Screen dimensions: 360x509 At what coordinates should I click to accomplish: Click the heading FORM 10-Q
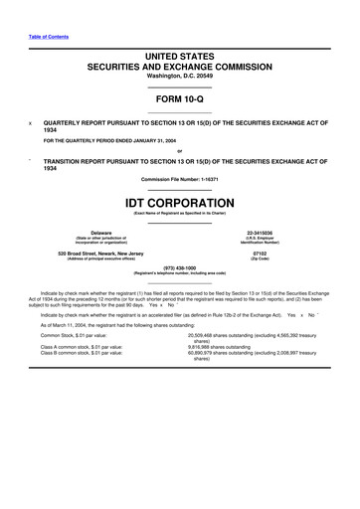tap(179, 100)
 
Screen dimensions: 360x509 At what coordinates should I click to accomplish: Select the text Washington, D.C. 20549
tap(179, 76)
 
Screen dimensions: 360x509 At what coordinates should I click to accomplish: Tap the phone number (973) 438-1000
tap(179, 267)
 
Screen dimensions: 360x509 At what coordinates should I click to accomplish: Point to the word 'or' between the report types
tap(179, 151)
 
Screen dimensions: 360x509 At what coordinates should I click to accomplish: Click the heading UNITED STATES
tap(179, 56)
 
